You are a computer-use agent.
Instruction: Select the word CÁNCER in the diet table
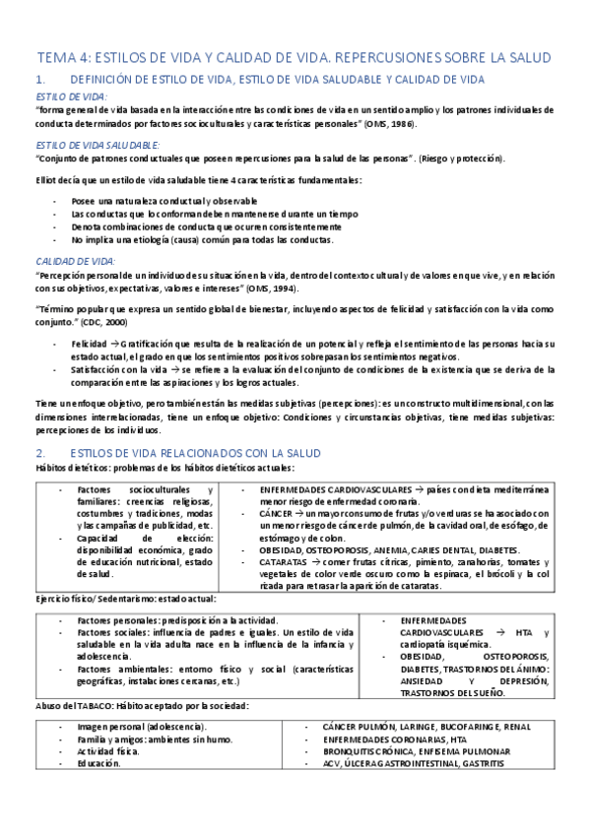point(277,513)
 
